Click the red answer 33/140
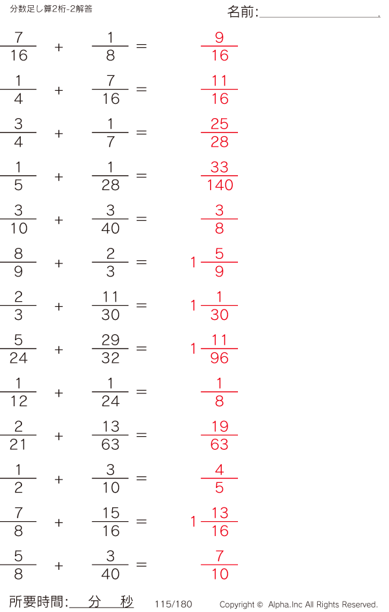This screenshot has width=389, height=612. (x=220, y=176)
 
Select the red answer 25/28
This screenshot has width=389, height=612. (x=220, y=132)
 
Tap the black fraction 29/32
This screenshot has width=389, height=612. (x=110, y=349)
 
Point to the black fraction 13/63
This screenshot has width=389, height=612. (x=110, y=435)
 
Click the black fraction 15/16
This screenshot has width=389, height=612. (x=110, y=522)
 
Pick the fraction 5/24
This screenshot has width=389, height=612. (x=18, y=349)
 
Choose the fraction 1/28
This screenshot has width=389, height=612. (x=110, y=176)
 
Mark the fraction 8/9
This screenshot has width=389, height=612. (x=18, y=262)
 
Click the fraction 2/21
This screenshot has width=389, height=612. (x=18, y=435)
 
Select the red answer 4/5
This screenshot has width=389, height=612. (x=220, y=478)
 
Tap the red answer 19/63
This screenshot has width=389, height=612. (x=220, y=435)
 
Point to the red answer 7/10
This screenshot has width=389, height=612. (x=220, y=565)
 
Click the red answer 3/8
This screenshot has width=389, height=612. (x=220, y=219)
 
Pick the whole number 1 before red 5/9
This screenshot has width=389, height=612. (x=193, y=263)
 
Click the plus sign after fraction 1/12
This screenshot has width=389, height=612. (x=59, y=393)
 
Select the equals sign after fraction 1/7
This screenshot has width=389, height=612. (x=141, y=132)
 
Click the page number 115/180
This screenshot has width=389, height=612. (x=174, y=604)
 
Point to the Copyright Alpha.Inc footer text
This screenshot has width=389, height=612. (x=298, y=604)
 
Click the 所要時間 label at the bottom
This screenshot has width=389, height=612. (x=38, y=602)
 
